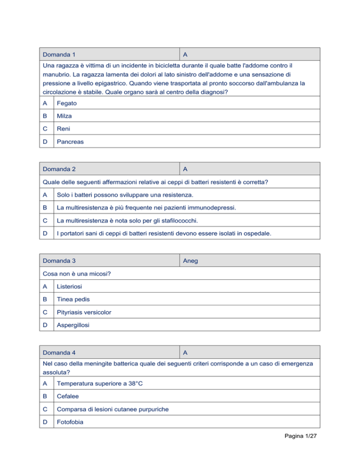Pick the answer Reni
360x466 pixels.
[x=65, y=128]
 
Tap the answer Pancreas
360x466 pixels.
[x=71, y=141]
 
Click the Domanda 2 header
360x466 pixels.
[x=60, y=168]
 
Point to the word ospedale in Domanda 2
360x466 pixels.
[x=257, y=232]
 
